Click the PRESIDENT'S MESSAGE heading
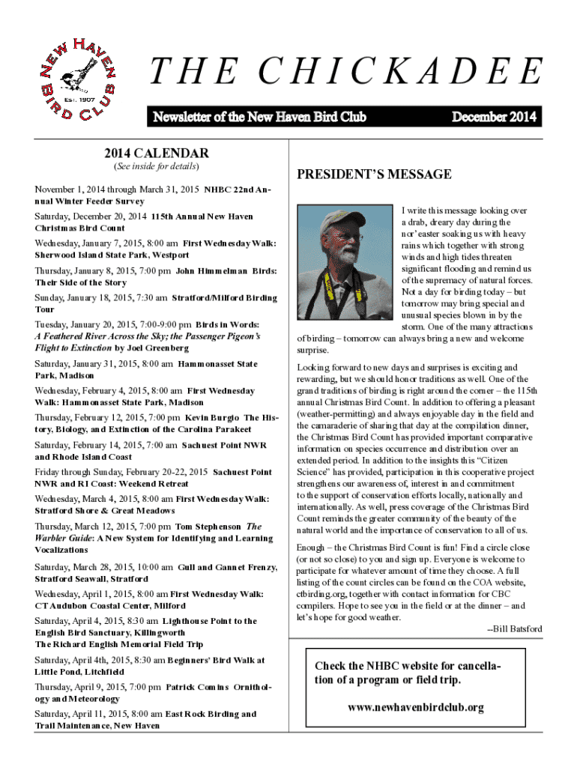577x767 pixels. click(x=374, y=175)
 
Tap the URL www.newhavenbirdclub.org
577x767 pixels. click(x=416, y=706)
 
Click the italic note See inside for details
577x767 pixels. click(x=155, y=166)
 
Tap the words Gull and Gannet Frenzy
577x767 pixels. click(x=228, y=567)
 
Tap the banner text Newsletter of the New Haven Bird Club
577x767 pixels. click(x=259, y=117)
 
